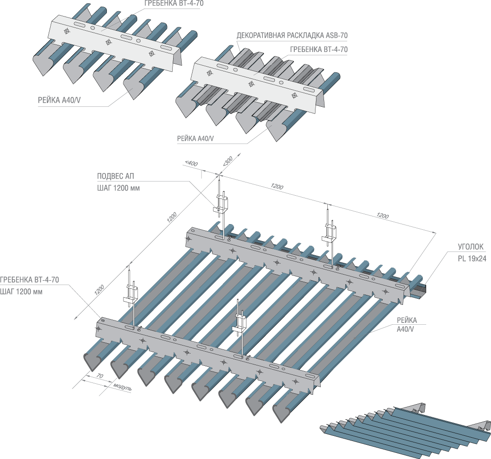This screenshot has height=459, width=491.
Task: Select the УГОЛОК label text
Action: (470, 247)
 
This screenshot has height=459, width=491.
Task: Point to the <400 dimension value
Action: (191, 163)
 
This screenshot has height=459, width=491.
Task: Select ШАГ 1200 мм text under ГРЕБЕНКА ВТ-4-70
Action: (21, 291)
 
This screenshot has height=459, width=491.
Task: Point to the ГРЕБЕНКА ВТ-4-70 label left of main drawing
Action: (29, 280)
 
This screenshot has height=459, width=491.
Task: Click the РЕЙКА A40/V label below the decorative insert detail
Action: (195, 139)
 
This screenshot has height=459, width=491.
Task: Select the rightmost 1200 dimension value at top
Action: (382, 216)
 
